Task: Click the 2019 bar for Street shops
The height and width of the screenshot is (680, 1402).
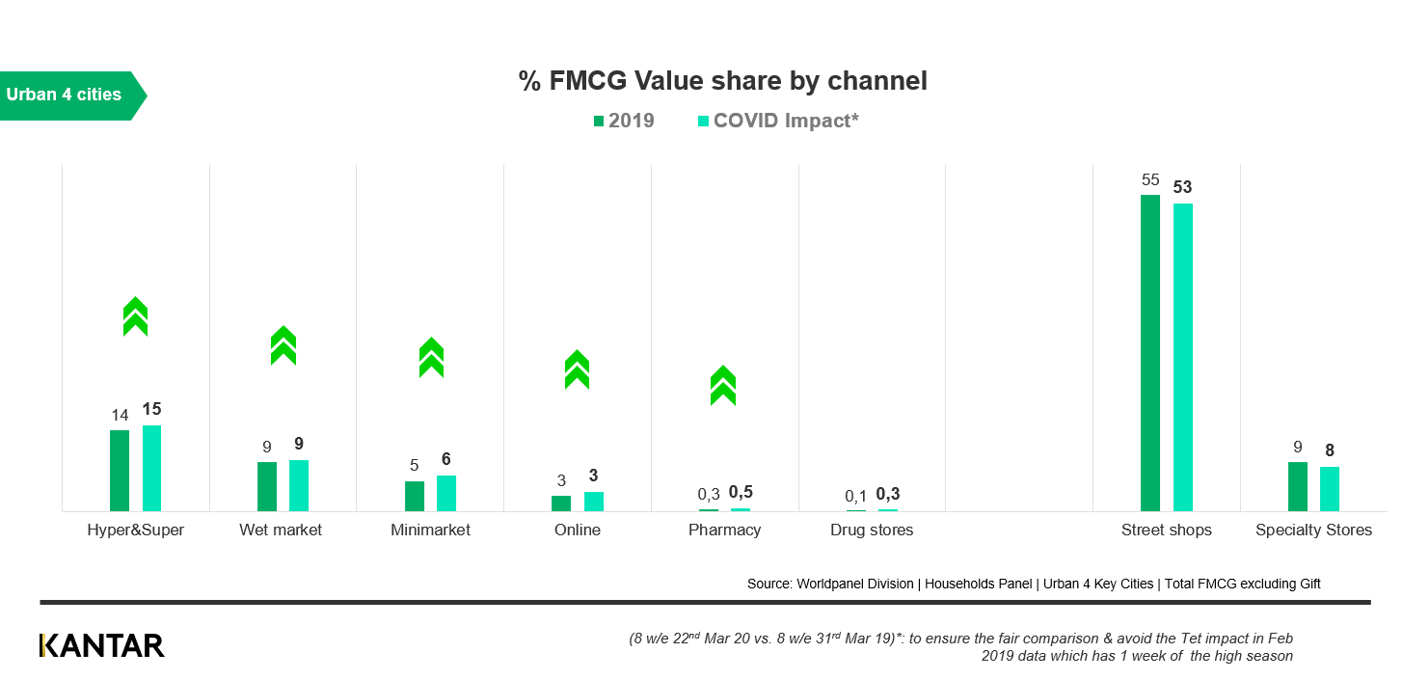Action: point(1149,352)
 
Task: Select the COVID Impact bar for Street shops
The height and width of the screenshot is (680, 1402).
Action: point(1182,357)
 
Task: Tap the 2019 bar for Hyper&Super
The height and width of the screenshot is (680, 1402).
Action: point(120,470)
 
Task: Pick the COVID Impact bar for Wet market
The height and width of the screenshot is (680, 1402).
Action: point(299,485)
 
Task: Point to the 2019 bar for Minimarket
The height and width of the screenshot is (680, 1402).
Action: point(415,496)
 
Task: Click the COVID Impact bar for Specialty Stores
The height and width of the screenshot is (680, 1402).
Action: point(1330,488)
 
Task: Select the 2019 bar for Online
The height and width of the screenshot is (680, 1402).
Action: point(561,503)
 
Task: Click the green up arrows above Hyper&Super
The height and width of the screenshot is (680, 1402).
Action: point(135,316)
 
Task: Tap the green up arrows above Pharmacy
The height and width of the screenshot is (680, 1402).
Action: point(723,385)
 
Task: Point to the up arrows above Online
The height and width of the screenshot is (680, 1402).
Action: point(577,369)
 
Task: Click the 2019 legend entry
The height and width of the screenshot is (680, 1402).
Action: point(624,121)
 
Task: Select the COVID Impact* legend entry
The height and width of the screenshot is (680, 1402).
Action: point(777,121)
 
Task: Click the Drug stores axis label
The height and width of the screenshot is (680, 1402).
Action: point(872,530)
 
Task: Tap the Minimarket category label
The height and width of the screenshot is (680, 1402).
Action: point(430,530)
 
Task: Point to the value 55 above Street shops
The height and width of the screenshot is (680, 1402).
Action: point(1149,179)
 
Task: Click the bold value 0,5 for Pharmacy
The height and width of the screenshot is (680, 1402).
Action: point(741,492)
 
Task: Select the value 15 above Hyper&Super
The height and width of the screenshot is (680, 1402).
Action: point(151,409)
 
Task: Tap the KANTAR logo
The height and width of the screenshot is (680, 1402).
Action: point(101,645)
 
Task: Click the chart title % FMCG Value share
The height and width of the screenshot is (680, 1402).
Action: point(723,81)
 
